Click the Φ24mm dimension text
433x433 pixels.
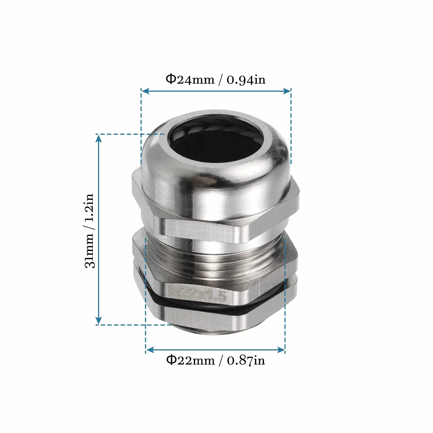190,79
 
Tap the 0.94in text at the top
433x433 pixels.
246,80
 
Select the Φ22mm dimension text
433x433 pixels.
190,360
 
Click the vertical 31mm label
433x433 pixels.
90,251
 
